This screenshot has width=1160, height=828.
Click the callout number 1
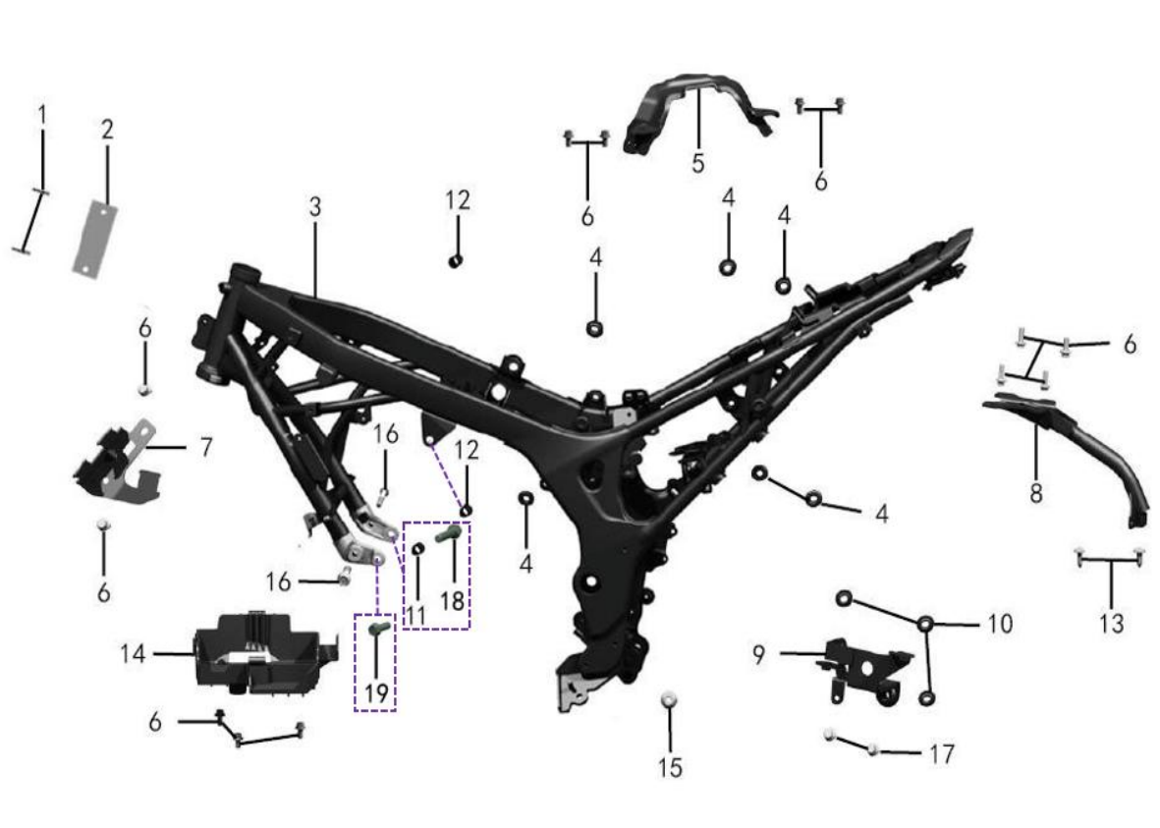[42, 116]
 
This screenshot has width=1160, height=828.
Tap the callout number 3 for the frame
[315, 207]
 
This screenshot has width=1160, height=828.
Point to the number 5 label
[697, 163]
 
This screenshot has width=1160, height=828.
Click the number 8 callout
[1035, 492]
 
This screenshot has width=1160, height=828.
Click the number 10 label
[1000, 624]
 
